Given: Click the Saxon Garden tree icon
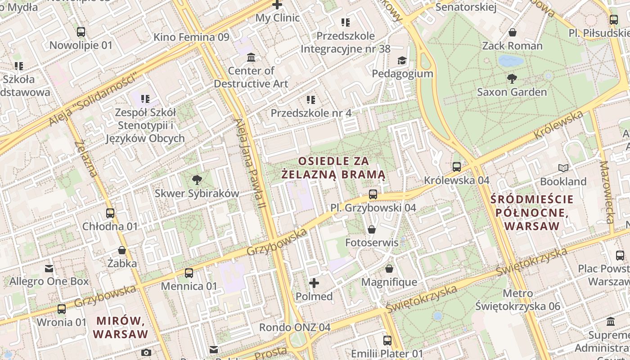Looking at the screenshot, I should pyautogui.click(x=512, y=79).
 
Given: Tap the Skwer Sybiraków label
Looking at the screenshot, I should pyautogui.click(x=197, y=193).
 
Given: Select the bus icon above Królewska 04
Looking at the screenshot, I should pyautogui.click(x=457, y=167).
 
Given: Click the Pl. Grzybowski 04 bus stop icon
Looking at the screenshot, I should pyautogui.click(x=373, y=194).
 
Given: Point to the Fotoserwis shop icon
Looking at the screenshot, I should pyautogui.click(x=372, y=229).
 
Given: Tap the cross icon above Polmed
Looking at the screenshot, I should pyautogui.click(x=314, y=283).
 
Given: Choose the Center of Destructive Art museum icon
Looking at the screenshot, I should pyautogui.click(x=251, y=58).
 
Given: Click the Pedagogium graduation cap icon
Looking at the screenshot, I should pyautogui.click(x=401, y=60).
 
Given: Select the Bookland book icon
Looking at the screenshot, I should pyautogui.click(x=563, y=168).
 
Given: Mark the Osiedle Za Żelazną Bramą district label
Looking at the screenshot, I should pyautogui.click(x=333, y=167).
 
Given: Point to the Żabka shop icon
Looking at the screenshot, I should pyautogui.click(x=121, y=250).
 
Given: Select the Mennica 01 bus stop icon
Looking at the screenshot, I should pyautogui.click(x=189, y=273).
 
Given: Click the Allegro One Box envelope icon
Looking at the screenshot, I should pyautogui.click(x=49, y=269).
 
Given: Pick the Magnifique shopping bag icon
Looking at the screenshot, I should pyautogui.click(x=389, y=269).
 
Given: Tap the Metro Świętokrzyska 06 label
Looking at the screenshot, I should pyautogui.click(x=517, y=300).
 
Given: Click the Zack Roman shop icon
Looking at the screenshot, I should pyautogui.click(x=512, y=32).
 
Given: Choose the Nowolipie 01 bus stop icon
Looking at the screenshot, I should pyautogui.click(x=81, y=32).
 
